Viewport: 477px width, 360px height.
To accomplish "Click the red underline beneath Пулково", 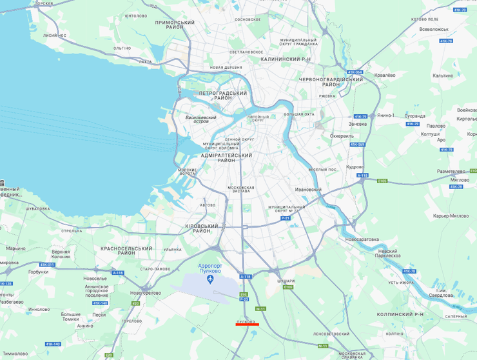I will (x=247, y=325).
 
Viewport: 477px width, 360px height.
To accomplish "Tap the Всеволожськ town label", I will (x=433, y=29).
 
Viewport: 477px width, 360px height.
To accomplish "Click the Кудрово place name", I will (x=355, y=166).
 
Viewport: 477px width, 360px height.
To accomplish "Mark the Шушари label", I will (x=286, y=281).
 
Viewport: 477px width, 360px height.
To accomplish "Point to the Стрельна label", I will (x=71, y=230).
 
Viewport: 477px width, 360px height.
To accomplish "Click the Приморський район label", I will (x=175, y=26).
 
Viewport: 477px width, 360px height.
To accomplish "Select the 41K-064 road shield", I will (x=355, y=72).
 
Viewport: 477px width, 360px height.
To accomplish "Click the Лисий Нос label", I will (x=55, y=35).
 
